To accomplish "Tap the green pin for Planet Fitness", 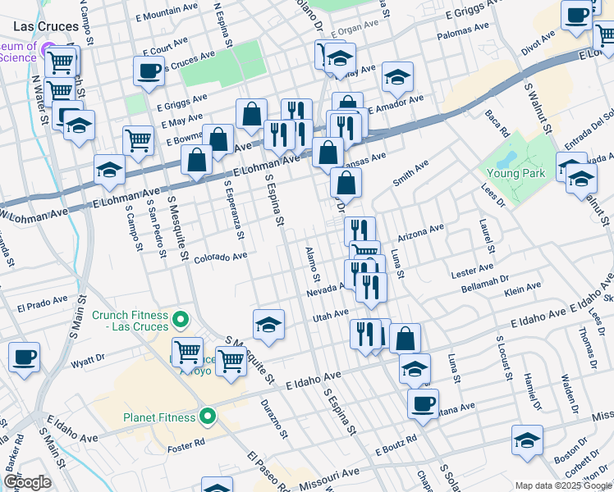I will pyautogui.click(x=208, y=417).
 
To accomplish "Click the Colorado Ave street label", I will pyautogui.click(x=220, y=257).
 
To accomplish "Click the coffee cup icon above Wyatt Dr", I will pyautogui.click(x=24, y=358).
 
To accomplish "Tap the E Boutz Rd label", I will pyautogui.click(x=396, y=450).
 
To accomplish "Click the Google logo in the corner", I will pyautogui.click(x=27, y=482).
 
